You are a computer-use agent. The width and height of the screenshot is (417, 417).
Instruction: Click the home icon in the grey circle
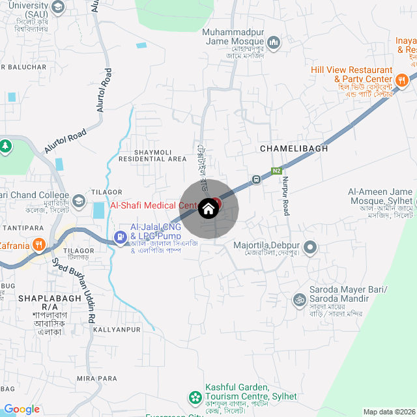point(208,208)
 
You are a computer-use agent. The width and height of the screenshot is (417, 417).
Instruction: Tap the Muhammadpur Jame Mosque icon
point(274,43)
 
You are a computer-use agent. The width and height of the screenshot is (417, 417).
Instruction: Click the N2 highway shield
point(277,171)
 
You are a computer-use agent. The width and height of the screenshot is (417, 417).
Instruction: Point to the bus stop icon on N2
point(257,179)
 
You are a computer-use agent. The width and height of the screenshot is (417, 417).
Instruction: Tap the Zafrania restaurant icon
point(39,246)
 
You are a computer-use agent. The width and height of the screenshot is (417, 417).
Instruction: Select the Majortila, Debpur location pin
point(310,247)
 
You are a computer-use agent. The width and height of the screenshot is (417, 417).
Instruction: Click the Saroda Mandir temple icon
point(300,299)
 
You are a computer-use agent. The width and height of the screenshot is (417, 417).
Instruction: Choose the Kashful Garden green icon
point(194,396)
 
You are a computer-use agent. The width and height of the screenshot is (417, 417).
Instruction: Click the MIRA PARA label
point(97,379)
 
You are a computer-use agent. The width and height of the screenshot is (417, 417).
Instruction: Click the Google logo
point(22,409)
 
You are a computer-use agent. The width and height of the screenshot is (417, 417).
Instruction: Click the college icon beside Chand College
point(79,200)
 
